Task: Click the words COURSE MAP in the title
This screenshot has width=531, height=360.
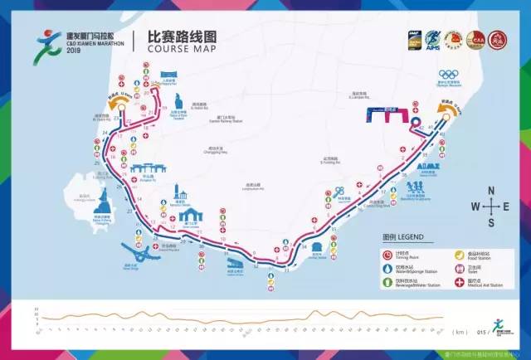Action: point(178,49)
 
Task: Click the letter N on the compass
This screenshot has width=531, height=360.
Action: point(491,190)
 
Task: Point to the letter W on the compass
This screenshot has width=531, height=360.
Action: point(475,207)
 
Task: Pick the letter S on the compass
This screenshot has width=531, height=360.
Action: point(491,222)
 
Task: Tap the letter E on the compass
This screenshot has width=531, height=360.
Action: point(507,207)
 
